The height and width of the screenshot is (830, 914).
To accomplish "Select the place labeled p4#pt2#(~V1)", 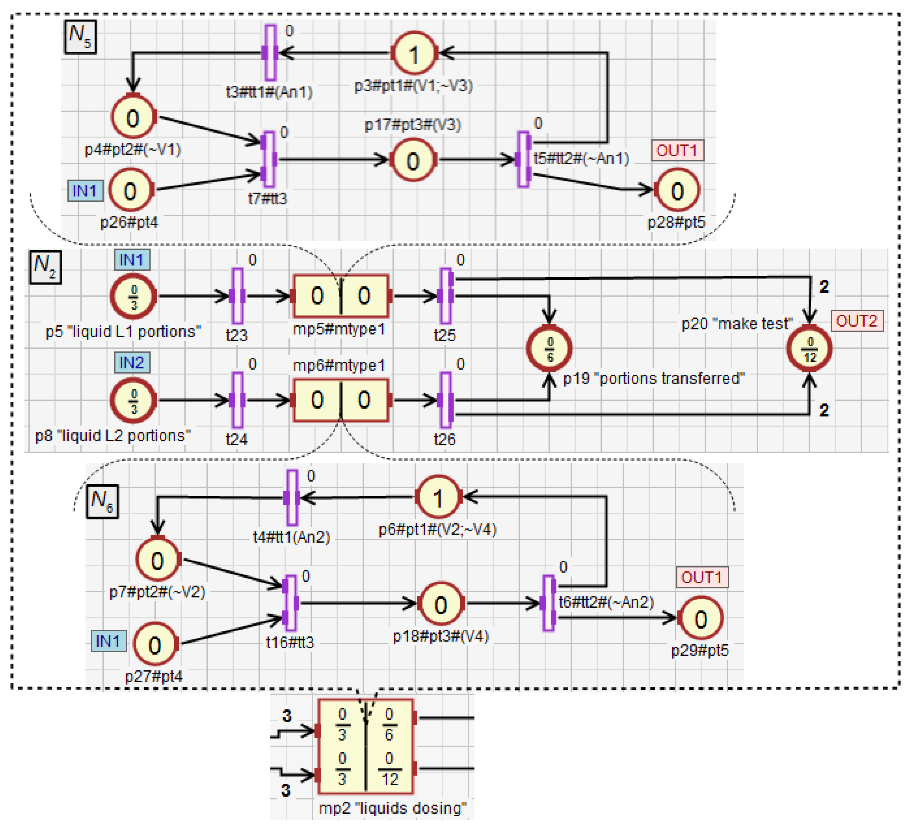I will [x=133, y=118].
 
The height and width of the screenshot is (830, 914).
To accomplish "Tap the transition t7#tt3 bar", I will [x=269, y=159].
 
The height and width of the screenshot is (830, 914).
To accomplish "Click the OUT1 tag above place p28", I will [x=677, y=150].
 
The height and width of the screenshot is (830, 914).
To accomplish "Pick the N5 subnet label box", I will [x=80, y=37].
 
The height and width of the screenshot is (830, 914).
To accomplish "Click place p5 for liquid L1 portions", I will [x=134, y=296].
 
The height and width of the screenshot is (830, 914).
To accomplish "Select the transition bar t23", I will [x=237, y=296].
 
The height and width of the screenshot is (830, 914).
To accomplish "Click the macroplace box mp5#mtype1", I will [x=341, y=296].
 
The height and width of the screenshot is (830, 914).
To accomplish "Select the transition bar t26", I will [x=446, y=400].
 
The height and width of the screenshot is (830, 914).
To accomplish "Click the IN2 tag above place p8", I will [x=131, y=363].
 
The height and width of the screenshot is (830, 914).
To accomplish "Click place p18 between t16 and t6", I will [x=441, y=604].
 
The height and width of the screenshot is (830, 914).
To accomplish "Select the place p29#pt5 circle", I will [x=701, y=618].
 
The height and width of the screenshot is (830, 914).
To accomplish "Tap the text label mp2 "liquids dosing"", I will [x=393, y=808].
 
